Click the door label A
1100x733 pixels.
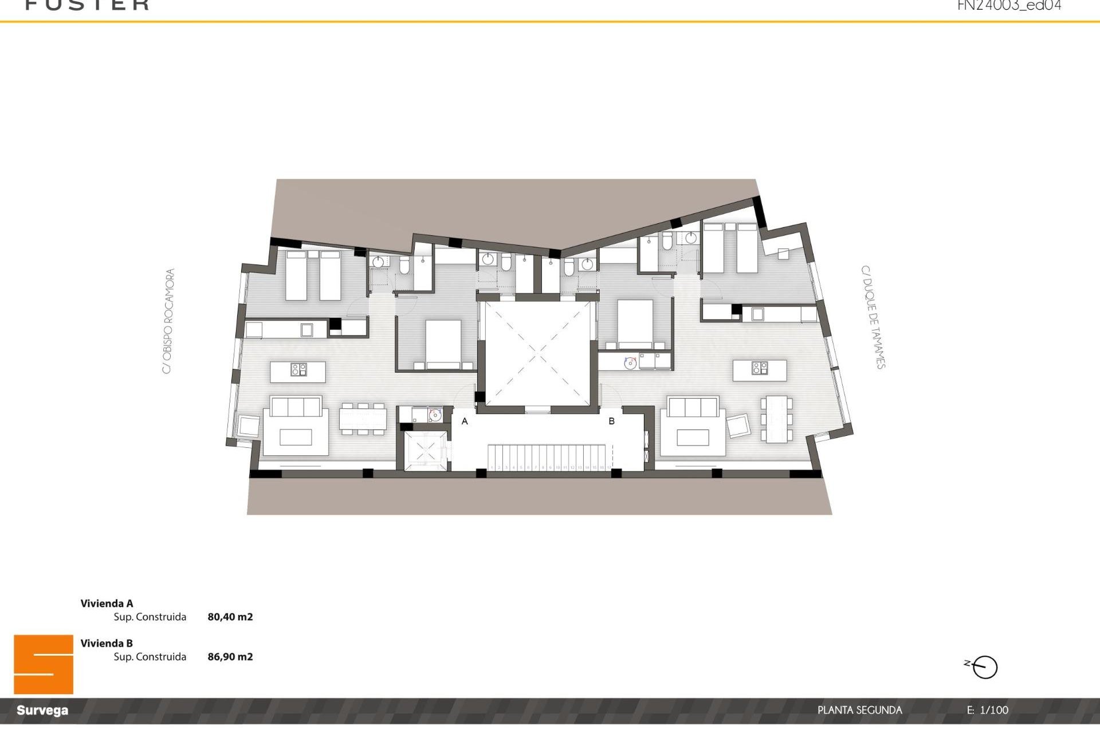tap(465, 421)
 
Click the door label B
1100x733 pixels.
tap(611, 421)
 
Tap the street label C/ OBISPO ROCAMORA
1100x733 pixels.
tap(168, 321)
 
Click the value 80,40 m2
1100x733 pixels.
tap(230, 617)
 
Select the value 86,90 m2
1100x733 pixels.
tap(230, 657)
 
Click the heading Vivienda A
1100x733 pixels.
tap(107, 603)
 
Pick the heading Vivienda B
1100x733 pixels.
tap(107, 643)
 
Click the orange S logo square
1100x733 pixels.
tap(44, 664)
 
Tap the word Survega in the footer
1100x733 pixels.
tap(42, 711)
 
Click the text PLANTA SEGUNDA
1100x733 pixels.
tap(859, 710)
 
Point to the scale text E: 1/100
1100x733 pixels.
tap(988, 710)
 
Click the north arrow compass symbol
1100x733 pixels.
tap(985, 667)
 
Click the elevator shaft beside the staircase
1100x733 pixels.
tap(425, 451)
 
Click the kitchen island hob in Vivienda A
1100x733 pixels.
tap(298, 370)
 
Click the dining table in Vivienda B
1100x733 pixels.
tap(777, 419)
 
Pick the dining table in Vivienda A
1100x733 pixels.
tap(363, 418)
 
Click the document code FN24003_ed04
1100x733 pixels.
tap(1009, 6)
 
